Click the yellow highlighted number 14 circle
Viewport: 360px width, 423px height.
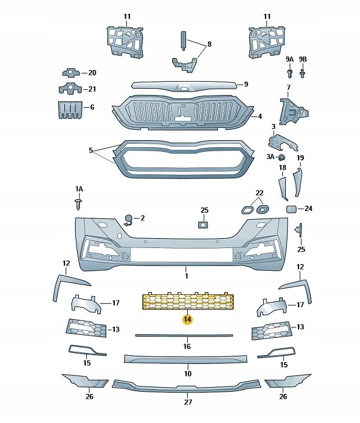click(x=187, y=319)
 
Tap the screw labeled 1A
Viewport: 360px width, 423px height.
click(x=79, y=203)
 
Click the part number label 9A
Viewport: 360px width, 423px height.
click(x=289, y=60)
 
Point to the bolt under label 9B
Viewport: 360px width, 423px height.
click(x=303, y=74)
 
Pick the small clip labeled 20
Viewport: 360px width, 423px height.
click(x=70, y=72)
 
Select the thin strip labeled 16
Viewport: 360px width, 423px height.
click(x=184, y=335)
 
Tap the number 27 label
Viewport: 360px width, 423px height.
click(x=187, y=402)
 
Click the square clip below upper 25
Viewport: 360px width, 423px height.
click(x=203, y=225)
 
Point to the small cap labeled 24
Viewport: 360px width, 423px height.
click(x=292, y=209)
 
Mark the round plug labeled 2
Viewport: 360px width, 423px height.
click(x=128, y=218)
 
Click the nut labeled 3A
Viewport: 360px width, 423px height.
click(x=282, y=157)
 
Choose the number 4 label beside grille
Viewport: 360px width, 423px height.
click(x=260, y=116)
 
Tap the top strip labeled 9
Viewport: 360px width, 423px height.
click(x=183, y=86)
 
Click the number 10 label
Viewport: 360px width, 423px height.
click(x=187, y=374)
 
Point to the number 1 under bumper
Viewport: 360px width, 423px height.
click(x=187, y=269)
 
